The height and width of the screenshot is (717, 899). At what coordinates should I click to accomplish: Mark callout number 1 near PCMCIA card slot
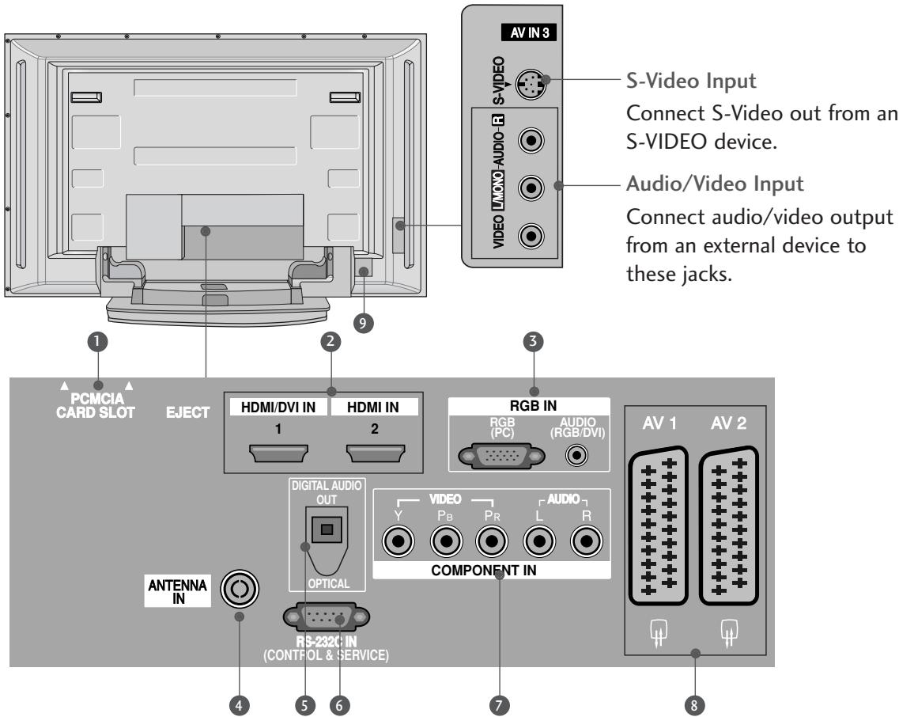99,342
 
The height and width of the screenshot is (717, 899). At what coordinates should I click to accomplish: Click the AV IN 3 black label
529,36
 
